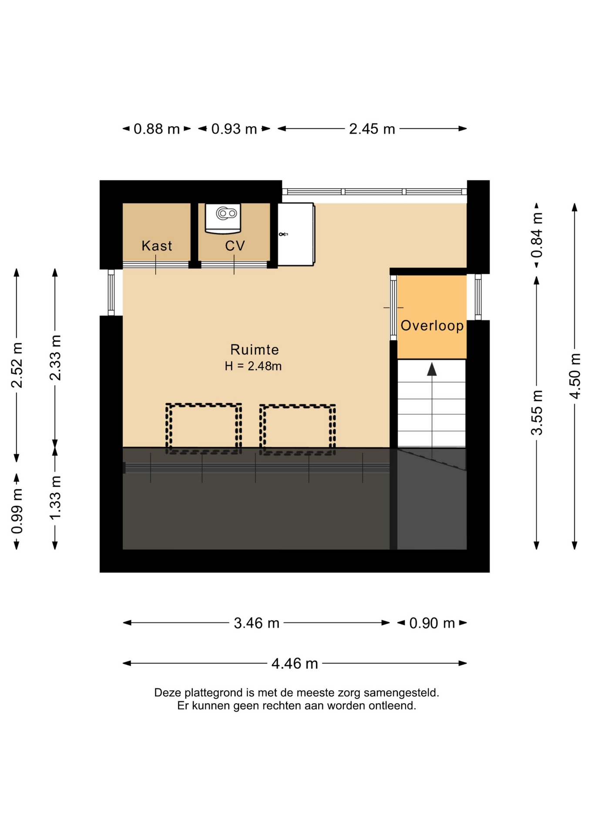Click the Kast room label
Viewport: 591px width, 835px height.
pyautogui.click(x=157, y=246)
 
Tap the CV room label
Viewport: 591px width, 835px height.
pyautogui.click(x=235, y=246)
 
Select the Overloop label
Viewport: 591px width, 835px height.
pyautogui.click(x=432, y=326)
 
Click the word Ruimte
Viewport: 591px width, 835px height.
pyautogui.click(x=255, y=350)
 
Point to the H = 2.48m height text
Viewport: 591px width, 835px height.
pyautogui.click(x=253, y=366)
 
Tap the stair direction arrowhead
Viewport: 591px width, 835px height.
pyautogui.click(x=432, y=370)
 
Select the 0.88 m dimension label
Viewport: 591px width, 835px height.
pyautogui.click(x=157, y=129)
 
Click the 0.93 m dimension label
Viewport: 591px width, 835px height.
pyautogui.click(x=234, y=129)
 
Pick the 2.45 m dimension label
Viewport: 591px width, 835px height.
pyautogui.click(x=372, y=129)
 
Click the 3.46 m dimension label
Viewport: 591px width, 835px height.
pyautogui.click(x=256, y=623)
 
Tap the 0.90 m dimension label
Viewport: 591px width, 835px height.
pyautogui.click(x=432, y=623)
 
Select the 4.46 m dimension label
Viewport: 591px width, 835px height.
pyautogui.click(x=295, y=664)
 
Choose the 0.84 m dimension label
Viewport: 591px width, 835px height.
pyautogui.click(x=537, y=235)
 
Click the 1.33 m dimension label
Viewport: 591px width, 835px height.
pyautogui.click(x=55, y=498)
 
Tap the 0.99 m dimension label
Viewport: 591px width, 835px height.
pyautogui.click(x=17, y=511)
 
